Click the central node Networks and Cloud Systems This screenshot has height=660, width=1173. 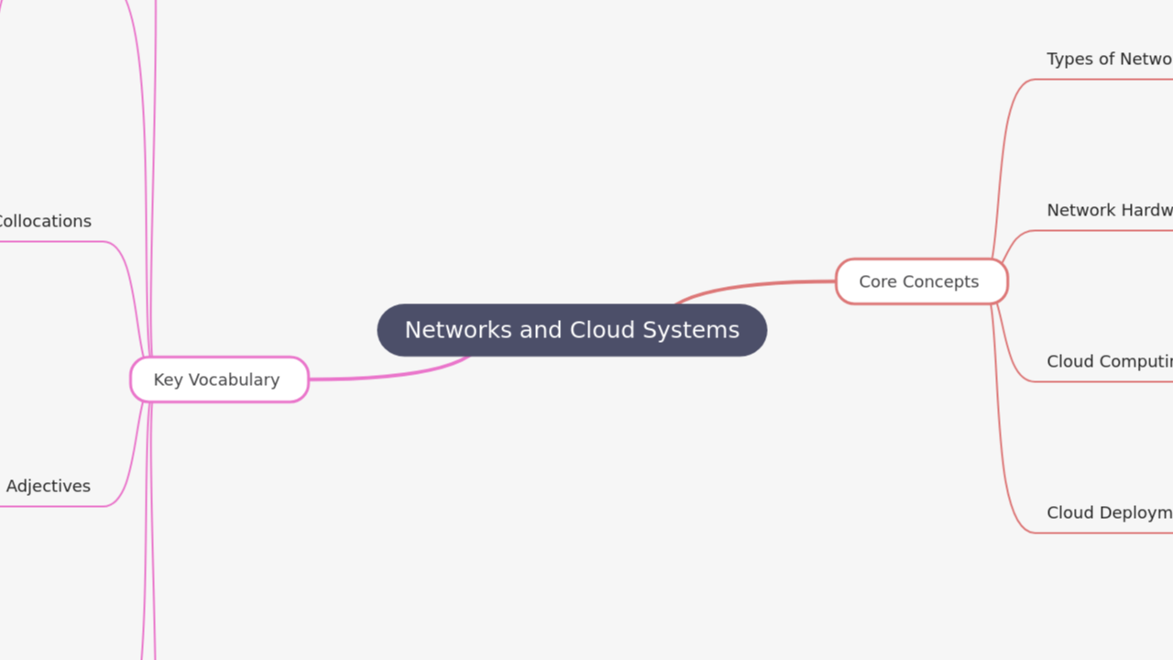572,330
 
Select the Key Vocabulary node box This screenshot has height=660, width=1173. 219,379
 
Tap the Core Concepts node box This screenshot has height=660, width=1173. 921,281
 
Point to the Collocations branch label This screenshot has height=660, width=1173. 44,221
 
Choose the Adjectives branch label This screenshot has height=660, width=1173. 49,486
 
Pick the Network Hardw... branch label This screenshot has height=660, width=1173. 1109,210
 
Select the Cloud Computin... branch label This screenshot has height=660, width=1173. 1109,361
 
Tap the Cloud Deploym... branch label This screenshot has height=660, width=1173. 1109,512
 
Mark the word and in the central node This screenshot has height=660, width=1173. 541,330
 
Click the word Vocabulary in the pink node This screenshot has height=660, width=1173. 234,379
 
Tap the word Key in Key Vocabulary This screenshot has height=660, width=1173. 168,379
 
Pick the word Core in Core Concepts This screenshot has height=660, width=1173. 877,281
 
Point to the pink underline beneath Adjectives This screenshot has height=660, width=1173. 55,506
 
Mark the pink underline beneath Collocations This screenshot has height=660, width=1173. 55,242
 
